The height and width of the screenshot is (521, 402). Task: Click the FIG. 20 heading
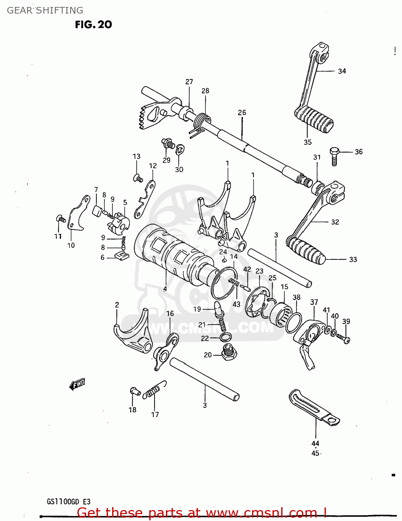click(93, 25)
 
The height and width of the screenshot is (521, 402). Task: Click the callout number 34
click(342, 71)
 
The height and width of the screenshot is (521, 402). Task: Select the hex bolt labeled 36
click(334, 156)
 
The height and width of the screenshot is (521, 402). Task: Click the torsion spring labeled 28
click(201, 123)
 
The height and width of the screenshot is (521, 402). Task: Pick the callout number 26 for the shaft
click(242, 113)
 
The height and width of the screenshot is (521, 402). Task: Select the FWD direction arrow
click(77, 384)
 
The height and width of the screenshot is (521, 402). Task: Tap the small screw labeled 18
click(135, 391)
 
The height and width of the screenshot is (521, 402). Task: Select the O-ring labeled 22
click(225, 337)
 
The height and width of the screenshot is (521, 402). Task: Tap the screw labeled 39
click(344, 338)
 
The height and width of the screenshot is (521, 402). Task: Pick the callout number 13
click(136, 156)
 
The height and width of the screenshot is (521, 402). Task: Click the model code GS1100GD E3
click(68, 502)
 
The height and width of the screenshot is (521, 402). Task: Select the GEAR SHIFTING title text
click(45, 10)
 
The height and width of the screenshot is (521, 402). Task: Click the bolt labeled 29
click(168, 143)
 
